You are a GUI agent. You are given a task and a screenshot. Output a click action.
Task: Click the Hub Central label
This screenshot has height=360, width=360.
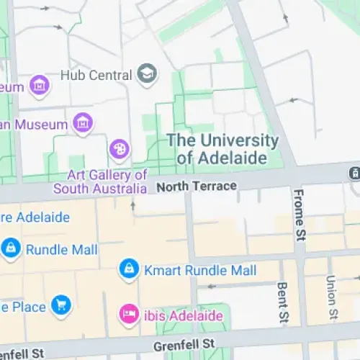(x=96, y=75)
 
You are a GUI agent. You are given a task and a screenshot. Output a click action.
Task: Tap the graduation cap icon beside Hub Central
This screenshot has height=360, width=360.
(x=147, y=74)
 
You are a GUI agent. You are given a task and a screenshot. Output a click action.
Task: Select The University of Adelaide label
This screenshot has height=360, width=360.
(x=222, y=148)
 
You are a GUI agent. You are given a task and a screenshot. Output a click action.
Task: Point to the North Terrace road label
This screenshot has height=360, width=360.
(x=196, y=186)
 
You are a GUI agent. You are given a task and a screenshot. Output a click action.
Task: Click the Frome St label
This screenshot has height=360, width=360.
(x=300, y=214)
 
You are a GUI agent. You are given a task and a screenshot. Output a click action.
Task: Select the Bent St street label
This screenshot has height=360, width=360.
(x=284, y=302)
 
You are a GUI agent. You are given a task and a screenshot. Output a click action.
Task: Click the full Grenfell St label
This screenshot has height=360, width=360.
(x=184, y=347)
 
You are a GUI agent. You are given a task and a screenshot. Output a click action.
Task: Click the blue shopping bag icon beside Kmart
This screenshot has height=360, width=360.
(x=129, y=270)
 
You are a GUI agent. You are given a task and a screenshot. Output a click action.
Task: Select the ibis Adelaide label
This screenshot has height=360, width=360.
(x=183, y=315)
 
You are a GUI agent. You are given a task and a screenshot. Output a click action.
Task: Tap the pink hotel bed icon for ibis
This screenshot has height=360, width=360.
(x=128, y=315)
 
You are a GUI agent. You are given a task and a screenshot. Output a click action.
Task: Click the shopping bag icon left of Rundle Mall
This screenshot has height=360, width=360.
(x=10, y=249)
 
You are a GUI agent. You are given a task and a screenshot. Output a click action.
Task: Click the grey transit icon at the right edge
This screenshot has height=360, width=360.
(x=354, y=174)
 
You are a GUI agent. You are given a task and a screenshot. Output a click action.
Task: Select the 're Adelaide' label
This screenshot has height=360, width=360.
(x=35, y=217)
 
